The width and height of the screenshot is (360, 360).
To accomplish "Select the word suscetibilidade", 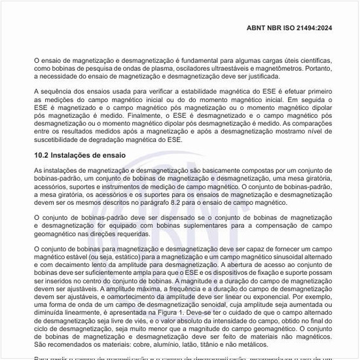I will pyautogui.click(x=60, y=139).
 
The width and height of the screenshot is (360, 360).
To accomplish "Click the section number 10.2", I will pyautogui.click(x=43, y=155).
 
